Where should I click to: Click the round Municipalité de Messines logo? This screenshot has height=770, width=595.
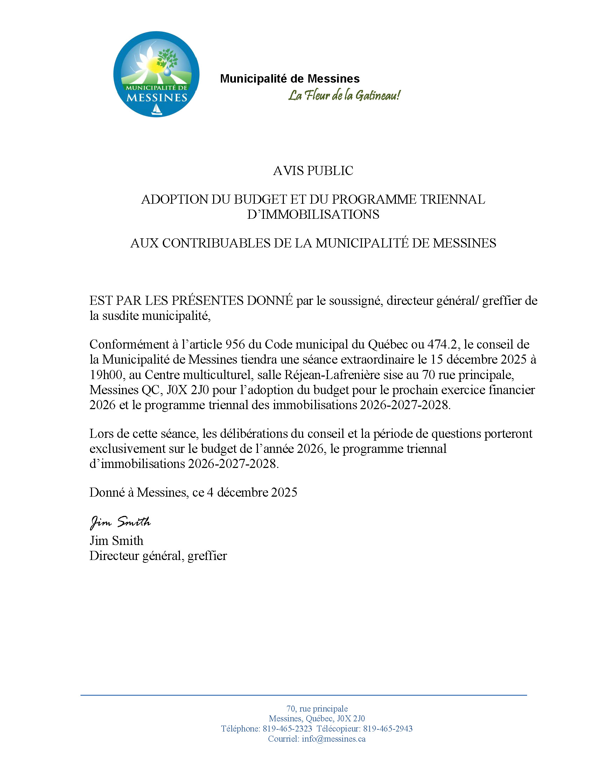(x=156, y=74)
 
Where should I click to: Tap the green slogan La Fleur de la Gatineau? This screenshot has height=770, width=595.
(x=344, y=95)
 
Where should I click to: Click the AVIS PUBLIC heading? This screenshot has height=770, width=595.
(x=313, y=171)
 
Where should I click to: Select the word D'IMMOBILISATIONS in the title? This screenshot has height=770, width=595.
(x=313, y=214)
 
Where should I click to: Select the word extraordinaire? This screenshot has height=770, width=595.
(x=380, y=359)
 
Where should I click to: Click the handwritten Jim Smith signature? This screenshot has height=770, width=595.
(x=120, y=522)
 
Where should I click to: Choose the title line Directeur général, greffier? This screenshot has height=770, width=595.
(x=158, y=556)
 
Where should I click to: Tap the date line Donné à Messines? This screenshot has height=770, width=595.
(x=193, y=492)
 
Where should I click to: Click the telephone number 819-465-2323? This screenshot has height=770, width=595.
(x=287, y=729)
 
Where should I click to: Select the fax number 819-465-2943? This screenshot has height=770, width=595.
(x=388, y=729)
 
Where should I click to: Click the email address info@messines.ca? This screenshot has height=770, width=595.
(x=334, y=738)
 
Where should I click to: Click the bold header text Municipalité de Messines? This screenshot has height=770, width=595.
(x=290, y=78)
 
